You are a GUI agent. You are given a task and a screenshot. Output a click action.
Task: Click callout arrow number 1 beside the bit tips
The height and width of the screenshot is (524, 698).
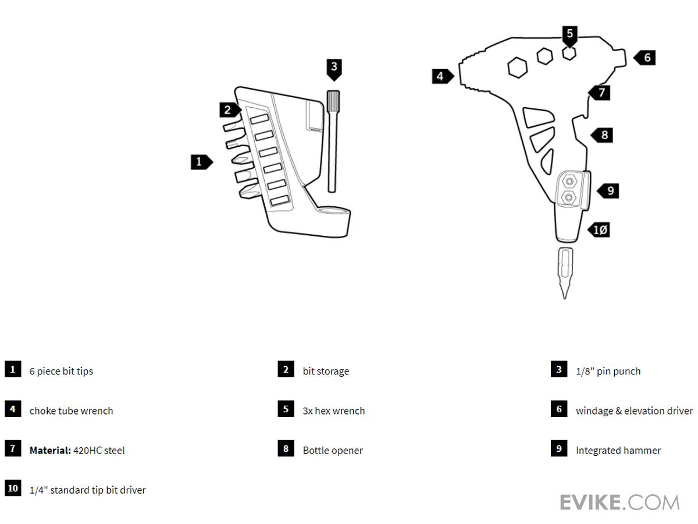pos(201,162)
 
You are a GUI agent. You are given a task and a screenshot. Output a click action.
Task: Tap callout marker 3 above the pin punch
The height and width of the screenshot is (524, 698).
pos(333,68)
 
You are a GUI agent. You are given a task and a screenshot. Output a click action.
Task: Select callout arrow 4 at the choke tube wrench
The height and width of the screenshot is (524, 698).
pos(442,76)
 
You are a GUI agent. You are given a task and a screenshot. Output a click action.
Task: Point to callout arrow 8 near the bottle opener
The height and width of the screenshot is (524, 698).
pos(603,135)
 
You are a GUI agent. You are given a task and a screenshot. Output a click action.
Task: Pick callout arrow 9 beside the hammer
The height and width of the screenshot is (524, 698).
pos(608,190)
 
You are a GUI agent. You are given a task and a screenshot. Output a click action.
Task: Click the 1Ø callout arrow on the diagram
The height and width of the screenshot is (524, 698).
pos(599,230)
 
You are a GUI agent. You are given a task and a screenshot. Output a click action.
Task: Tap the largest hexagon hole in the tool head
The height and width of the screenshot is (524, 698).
pos(517,68)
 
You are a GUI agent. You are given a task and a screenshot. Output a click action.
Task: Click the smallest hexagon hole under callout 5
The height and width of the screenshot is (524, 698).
pos(569,53)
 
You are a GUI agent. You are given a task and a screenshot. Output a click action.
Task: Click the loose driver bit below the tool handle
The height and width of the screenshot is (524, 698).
pos(565,271)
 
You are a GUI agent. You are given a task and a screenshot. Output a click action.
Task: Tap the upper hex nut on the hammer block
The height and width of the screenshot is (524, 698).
pos(568,182)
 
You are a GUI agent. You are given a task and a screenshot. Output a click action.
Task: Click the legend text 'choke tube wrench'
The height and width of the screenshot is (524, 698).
pos(71,410)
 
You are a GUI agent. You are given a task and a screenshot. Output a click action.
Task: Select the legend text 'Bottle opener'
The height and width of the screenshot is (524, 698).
pos(333,450)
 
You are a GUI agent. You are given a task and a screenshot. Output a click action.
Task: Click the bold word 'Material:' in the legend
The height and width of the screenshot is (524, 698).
pos(50,450)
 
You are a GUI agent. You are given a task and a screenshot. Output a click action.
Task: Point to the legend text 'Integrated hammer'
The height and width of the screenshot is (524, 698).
pos(618,450)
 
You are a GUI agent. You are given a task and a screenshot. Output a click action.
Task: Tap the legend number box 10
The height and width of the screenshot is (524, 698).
pos(13,488)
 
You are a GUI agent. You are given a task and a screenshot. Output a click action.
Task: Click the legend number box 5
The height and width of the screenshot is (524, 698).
pos(286,409)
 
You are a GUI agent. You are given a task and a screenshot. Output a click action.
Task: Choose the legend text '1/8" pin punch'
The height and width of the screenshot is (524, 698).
pos(608,371)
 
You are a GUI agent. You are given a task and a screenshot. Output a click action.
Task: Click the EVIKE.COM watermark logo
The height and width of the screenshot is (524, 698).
pos(619,502)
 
